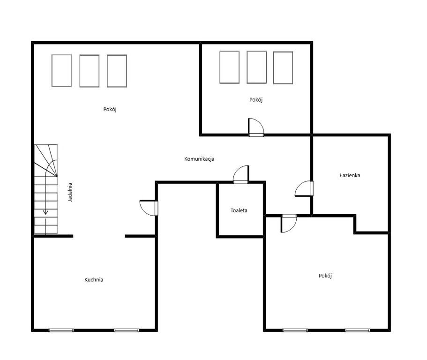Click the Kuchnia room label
coord(94,280)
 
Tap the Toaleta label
coord(239,210)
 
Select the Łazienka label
coord(350,175)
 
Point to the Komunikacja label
coord(199,159)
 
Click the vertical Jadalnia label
coord(70,192)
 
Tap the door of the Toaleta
coord(241,174)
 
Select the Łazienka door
coord(304,188)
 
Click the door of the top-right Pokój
coord(256,127)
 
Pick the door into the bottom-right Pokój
coord(289,223)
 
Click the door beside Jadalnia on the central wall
coord(149,208)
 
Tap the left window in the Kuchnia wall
coord(61,330)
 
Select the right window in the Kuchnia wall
coord(127,330)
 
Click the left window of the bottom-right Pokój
coord(295,330)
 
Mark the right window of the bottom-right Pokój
coord(357,330)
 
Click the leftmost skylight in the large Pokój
coord(61,70)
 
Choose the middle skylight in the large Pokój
coord(90,71)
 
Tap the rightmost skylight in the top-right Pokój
coord(283,67)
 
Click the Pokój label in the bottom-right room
coord(325,276)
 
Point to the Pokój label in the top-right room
coord(256,100)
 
